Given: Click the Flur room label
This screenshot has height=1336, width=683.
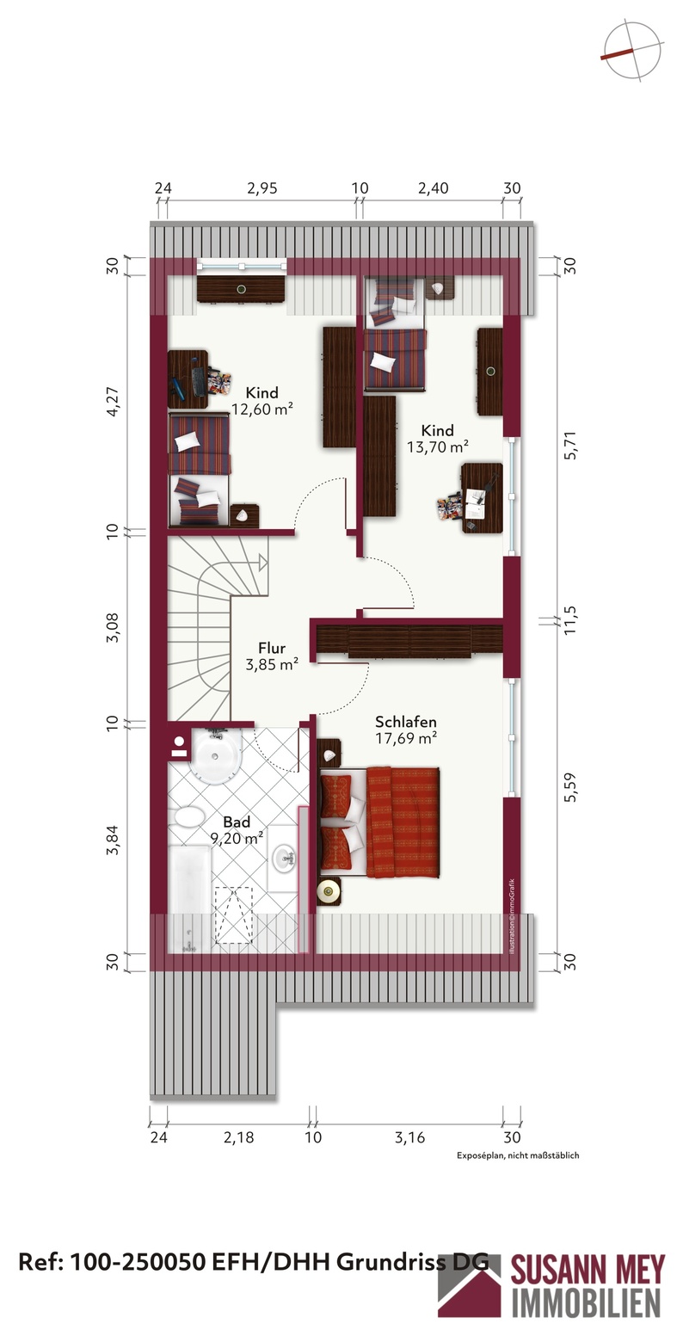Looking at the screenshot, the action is (x=272, y=648).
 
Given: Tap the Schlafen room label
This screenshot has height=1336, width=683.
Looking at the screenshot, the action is (x=406, y=722).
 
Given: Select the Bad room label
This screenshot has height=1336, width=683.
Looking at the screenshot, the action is (x=237, y=822).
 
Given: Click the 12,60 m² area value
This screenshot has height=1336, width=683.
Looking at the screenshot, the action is (x=262, y=409).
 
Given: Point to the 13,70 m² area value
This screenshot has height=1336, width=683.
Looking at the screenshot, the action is (x=437, y=446).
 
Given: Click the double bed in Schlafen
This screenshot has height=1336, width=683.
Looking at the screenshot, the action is (x=380, y=822).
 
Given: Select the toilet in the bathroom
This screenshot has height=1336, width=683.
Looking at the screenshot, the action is (x=187, y=816).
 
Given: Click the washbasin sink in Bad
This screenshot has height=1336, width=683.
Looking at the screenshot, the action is (x=284, y=859).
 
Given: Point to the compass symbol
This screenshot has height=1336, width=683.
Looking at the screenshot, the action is (x=633, y=51).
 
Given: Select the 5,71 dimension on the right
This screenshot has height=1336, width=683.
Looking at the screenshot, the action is (x=570, y=445).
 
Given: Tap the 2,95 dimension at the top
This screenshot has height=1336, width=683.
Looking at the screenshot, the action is (x=262, y=188).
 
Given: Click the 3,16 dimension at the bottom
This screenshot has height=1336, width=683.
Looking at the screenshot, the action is (x=409, y=1137).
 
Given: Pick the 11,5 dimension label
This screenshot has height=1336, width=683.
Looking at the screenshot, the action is (x=570, y=619).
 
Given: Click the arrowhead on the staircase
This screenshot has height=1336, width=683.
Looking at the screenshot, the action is (x=262, y=561).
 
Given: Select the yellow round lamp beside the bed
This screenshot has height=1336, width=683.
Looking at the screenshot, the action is (x=328, y=891).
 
